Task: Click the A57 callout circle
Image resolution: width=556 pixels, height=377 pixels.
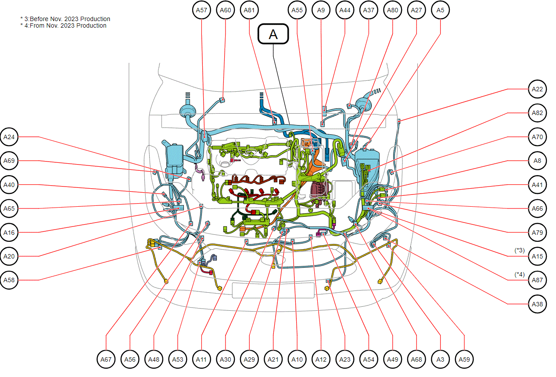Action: click(201, 10)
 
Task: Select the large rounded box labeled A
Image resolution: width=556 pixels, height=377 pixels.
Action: click(273, 34)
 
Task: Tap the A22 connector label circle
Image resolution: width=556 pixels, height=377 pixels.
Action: click(537, 89)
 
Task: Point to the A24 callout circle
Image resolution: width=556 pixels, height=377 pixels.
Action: click(9, 137)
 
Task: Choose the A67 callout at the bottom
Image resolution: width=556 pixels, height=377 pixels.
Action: click(106, 359)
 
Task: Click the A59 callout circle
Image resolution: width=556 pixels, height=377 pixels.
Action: click(464, 359)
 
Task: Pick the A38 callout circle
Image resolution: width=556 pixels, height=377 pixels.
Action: click(537, 304)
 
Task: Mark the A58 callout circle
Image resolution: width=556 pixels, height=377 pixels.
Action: click(9, 280)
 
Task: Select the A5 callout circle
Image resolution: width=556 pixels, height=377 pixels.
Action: click(440, 10)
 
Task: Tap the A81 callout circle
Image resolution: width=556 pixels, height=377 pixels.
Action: click(249, 10)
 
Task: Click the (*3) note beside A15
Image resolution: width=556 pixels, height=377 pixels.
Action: click(520, 251)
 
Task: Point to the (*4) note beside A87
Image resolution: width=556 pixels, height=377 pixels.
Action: click(520, 274)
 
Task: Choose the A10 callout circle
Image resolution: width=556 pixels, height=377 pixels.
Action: click(297, 359)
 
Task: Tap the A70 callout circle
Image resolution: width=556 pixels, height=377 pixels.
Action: click(537, 137)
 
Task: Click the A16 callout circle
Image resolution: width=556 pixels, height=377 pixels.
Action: click(9, 233)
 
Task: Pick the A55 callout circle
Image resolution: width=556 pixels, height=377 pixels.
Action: click(297, 10)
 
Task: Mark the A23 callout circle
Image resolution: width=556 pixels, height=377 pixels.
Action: click(345, 359)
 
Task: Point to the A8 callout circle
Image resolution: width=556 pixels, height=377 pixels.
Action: click(537, 161)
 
